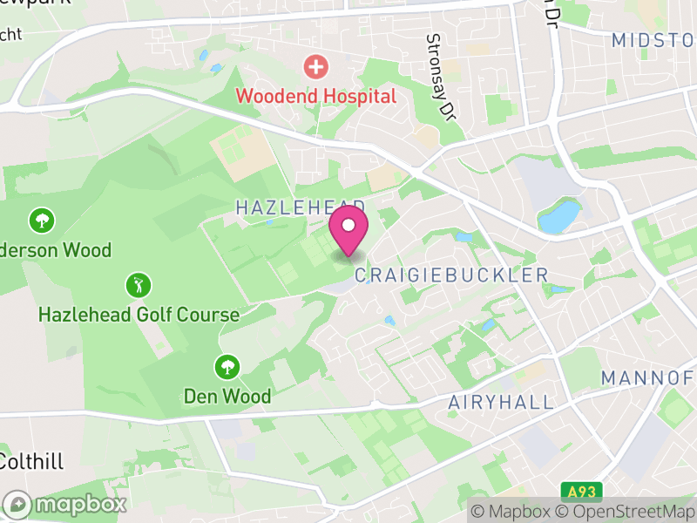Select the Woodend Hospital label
315,96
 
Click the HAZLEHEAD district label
301,207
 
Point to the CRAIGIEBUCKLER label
451,275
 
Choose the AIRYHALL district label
501,402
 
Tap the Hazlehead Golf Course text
139,315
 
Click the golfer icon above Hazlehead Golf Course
138,285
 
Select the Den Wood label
227,396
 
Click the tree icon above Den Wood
227,366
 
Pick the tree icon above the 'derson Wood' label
40,220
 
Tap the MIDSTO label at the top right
653,40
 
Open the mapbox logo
65,504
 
